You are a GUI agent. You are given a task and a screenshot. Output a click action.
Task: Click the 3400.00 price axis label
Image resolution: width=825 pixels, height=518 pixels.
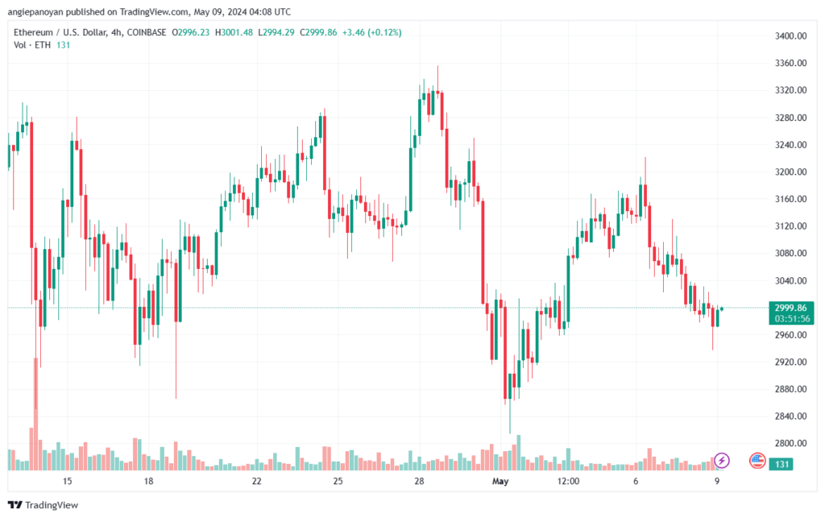pyautogui.click(x=790, y=35)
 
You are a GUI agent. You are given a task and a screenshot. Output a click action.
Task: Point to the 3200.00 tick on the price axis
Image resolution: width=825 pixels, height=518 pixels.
pyautogui.click(x=790, y=172)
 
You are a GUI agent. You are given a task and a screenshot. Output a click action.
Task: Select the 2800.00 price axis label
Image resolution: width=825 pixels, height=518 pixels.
pyautogui.click(x=790, y=443)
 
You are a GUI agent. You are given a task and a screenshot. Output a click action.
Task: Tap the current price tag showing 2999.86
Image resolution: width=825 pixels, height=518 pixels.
pyautogui.click(x=790, y=309)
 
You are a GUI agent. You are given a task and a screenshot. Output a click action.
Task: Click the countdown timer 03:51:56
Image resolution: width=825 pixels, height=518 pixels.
pyautogui.click(x=792, y=319)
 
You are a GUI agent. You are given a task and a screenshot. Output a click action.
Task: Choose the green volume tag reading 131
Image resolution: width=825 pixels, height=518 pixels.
pyautogui.click(x=781, y=464)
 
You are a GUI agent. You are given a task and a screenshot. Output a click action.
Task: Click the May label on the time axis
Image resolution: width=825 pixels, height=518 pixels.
pyautogui.click(x=500, y=481)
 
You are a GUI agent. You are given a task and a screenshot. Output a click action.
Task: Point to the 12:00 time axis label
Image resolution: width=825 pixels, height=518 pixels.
pyautogui.click(x=568, y=481)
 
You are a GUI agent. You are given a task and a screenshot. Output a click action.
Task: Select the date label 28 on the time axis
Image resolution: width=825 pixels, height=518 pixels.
pyautogui.click(x=419, y=481)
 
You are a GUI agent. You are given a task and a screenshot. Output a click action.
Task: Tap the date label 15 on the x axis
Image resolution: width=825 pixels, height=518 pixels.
pyautogui.click(x=67, y=481)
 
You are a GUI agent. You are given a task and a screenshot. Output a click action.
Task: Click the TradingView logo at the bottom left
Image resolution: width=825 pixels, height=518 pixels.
pyautogui.click(x=44, y=505)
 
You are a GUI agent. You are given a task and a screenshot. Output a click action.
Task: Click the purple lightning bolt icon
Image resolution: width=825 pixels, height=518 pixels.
pyautogui.click(x=722, y=461)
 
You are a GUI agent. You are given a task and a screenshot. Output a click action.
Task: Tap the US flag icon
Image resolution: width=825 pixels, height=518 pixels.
pyautogui.click(x=757, y=461)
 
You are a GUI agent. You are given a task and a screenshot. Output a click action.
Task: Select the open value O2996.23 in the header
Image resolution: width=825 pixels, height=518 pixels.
pyautogui.click(x=190, y=32)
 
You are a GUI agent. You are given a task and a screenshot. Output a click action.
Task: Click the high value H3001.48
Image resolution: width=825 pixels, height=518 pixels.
pyautogui.click(x=234, y=32)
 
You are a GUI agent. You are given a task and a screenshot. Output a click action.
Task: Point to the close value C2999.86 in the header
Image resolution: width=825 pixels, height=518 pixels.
pyautogui.click(x=318, y=32)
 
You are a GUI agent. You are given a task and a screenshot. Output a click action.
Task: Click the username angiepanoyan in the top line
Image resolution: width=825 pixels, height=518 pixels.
pyautogui.click(x=35, y=11)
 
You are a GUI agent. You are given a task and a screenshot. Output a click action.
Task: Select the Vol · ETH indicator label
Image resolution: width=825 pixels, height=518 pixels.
pyautogui.click(x=32, y=45)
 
